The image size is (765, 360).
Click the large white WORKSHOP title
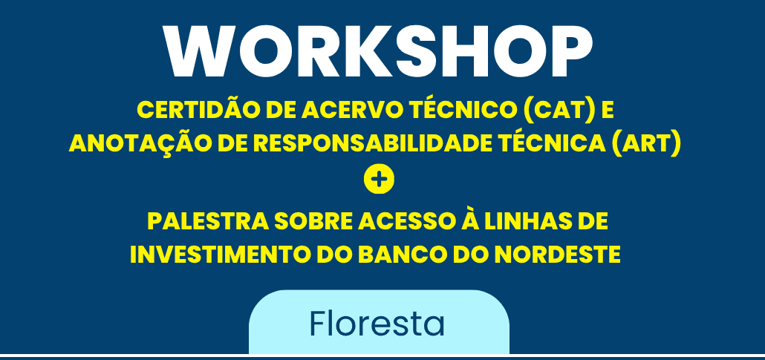click(378, 52)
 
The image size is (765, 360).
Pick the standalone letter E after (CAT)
click(608, 111)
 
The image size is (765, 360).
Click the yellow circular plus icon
click(379, 180)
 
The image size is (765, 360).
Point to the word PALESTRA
click(207, 221)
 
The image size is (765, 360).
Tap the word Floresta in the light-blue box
click(377, 324)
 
